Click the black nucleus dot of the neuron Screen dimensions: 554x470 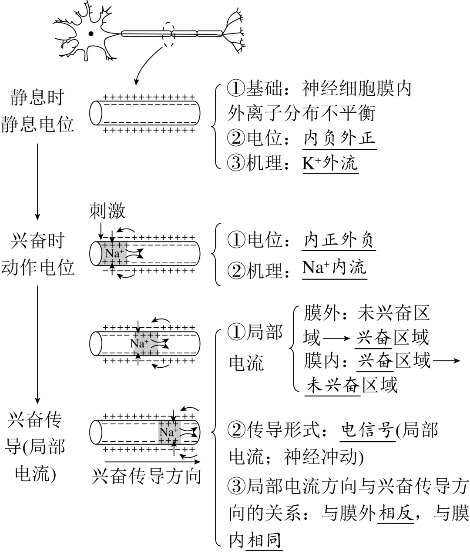tap(91, 33)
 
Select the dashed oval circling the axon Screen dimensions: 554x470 tap(168, 33)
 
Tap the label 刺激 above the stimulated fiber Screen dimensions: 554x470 tap(107, 211)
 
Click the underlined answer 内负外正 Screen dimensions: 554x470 tap(339, 138)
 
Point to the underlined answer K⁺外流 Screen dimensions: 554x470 tap(330, 163)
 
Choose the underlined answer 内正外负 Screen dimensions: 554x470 tap(339, 240)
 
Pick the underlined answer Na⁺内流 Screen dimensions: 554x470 tap(334, 268)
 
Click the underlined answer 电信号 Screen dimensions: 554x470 tap(368, 430)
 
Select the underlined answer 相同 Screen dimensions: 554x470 tap(264, 540)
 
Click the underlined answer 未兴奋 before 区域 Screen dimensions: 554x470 tap(333, 385)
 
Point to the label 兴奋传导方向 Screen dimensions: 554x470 tap(147, 477)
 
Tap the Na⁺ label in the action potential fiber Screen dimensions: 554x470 tap(114, 253)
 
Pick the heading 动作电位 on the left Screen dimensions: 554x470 tap(38, 268)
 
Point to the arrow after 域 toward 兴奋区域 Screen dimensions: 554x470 tap(337, 337)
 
